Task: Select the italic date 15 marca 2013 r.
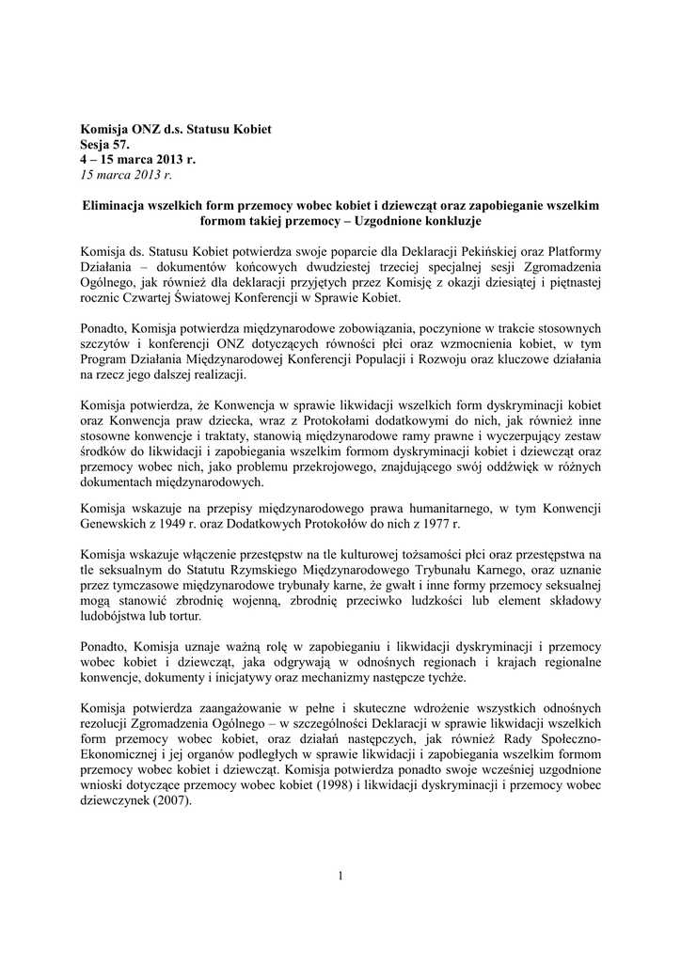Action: [127, 175]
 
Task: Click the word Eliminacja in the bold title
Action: [116, 205]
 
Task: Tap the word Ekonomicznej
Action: [121, 754]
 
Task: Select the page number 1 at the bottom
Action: [340, 876]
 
